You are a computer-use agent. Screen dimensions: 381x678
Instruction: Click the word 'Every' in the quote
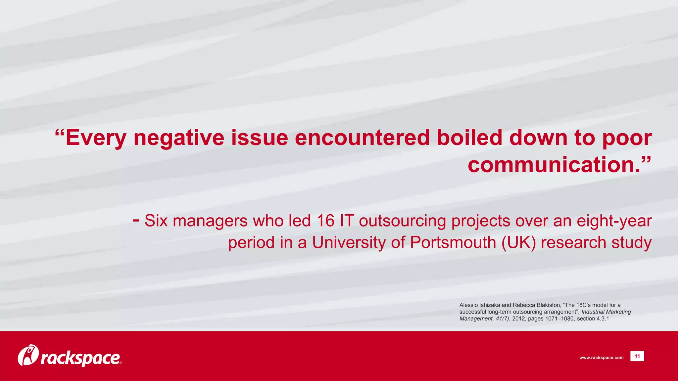point(96,138)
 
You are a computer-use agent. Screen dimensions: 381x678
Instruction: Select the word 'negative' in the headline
point(179,138)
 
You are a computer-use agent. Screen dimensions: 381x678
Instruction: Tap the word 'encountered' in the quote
point(362,138)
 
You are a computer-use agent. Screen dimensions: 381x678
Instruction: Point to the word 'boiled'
point(469,138)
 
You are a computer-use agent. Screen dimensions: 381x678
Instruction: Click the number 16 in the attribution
point(325,221)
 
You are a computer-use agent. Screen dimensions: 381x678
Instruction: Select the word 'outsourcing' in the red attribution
point(402,221)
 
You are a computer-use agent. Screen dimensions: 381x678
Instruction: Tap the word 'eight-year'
point(614,221)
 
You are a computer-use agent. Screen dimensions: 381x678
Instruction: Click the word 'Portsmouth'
point(453,242)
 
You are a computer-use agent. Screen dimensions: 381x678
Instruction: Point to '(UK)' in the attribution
point(518,242)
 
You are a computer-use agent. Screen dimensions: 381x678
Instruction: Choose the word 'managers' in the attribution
point(210,221)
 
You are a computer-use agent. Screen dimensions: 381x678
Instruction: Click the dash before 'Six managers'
point(136,219)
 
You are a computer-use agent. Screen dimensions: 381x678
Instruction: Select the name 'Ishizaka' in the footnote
point(490,305)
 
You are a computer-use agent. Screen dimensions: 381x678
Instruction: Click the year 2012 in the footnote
point(518,319)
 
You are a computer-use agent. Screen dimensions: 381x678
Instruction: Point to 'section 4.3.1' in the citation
point(593,319)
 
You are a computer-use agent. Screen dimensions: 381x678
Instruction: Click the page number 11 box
point(637,356)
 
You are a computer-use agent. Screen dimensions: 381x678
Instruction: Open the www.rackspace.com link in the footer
point(601,358)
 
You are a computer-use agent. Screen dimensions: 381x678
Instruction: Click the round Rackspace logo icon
point(28,356)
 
